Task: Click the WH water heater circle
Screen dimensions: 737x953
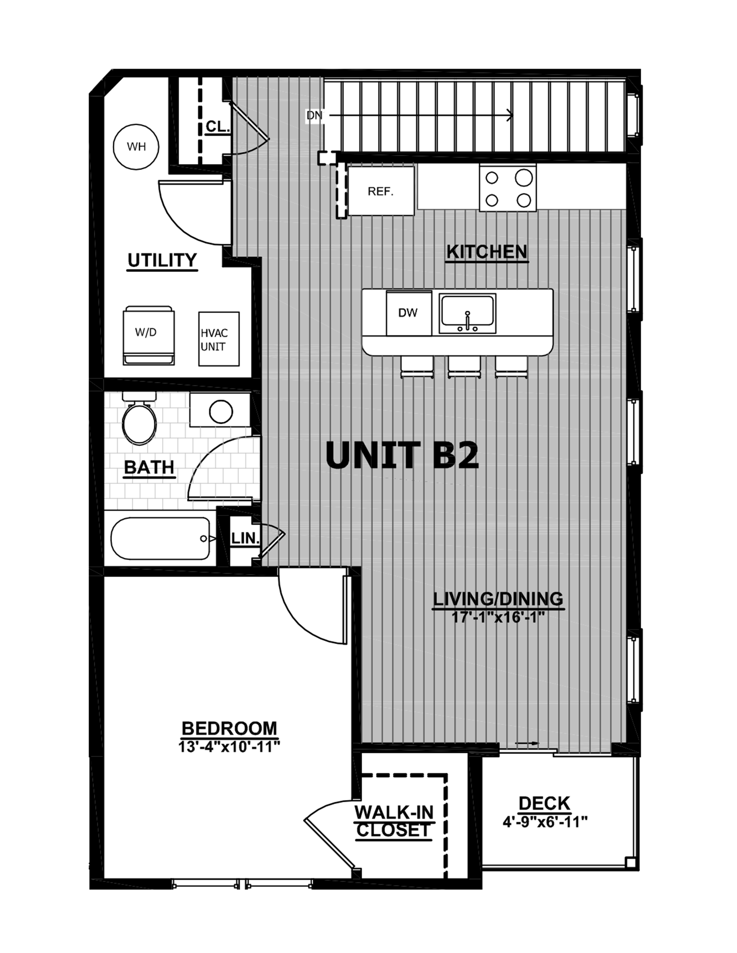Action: tap(136, 147)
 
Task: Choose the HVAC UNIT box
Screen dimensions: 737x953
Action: tap(219, 339)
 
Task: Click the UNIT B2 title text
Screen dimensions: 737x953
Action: tap(402, 455)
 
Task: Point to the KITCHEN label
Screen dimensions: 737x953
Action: tap(487, 252)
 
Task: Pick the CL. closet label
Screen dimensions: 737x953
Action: tap(217, 126)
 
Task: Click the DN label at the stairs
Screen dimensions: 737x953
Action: tap(314, 116)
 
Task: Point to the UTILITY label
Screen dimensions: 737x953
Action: tap(162, 260)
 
